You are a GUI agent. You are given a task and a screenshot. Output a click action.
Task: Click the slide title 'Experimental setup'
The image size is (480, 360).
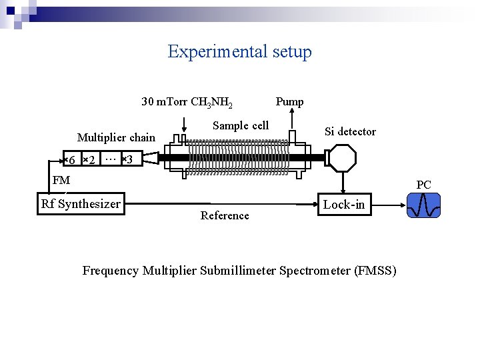point(239,52)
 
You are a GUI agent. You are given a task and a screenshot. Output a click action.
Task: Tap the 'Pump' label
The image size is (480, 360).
point(289,102)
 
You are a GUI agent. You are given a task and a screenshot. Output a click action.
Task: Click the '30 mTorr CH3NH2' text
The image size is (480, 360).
point(187,103)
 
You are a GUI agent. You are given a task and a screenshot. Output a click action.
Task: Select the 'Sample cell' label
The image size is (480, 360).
point(241,125)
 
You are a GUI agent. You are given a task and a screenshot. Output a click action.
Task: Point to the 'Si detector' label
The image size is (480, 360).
point(350,132)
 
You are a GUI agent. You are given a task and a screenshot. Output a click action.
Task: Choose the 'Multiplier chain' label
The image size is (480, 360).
point(116,138)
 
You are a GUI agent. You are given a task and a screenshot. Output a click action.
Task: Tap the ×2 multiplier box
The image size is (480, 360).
point(90,159)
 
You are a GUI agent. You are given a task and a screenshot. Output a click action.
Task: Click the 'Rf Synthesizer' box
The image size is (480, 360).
point(81,204)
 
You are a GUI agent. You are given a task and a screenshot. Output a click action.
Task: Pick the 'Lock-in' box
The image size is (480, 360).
point(343,205)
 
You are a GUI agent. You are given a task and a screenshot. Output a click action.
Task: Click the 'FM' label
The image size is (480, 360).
point(61,181)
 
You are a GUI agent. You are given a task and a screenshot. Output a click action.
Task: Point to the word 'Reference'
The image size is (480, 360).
point(225,215)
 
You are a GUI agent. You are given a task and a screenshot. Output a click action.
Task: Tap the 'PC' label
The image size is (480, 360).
point(424,185)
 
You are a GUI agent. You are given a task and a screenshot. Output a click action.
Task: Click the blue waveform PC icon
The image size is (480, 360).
point(424,205)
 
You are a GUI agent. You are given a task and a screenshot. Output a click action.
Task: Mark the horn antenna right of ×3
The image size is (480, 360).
point(150,158)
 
